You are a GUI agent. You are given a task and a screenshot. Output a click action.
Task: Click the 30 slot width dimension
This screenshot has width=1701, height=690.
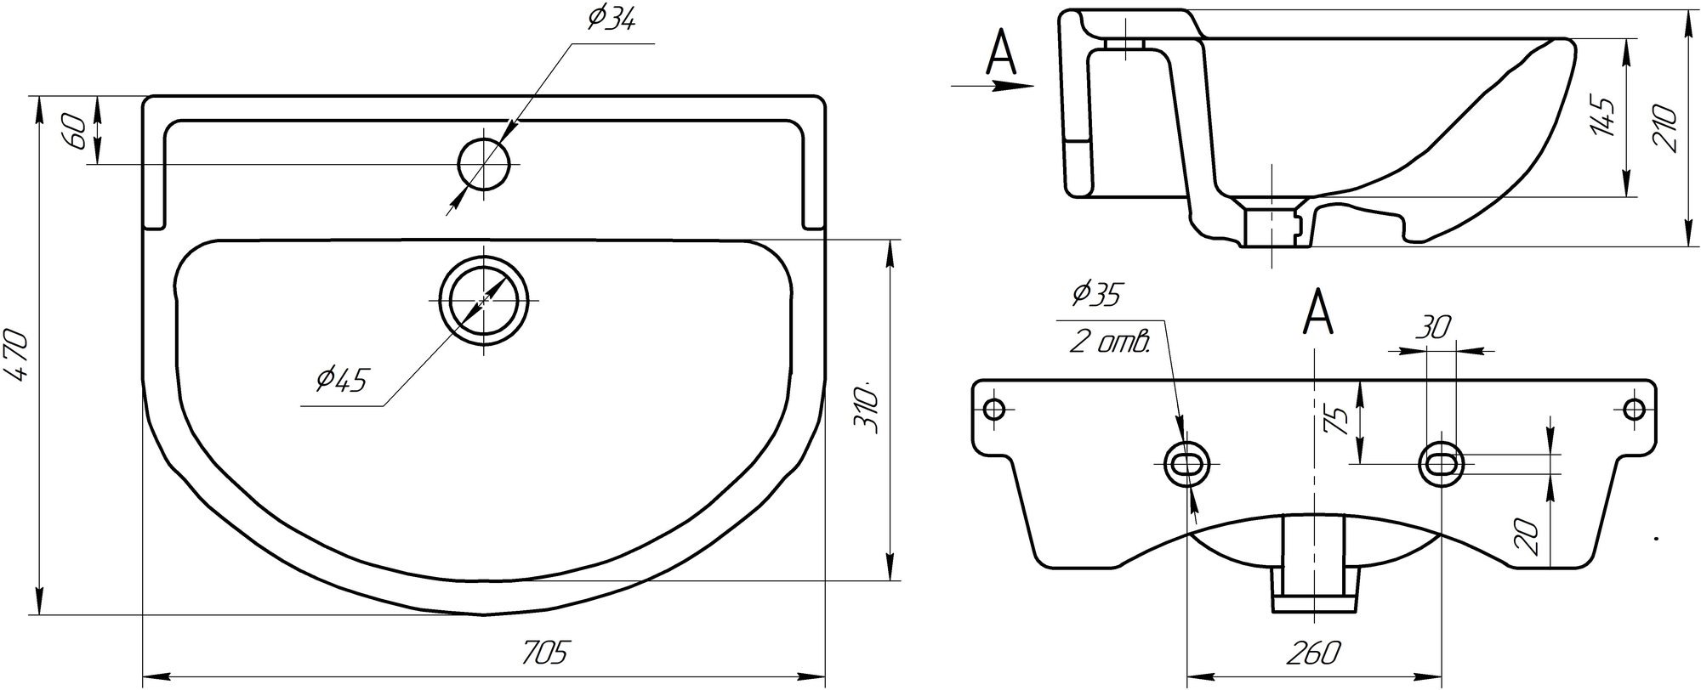pyautogui.click(x=1434, y=328)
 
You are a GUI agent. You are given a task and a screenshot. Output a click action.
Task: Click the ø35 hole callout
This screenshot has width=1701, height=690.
pyautogui.click(x=1095, y=295)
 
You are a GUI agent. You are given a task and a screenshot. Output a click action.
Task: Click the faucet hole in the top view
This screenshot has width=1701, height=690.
pyautogui.click(x=484, y=164)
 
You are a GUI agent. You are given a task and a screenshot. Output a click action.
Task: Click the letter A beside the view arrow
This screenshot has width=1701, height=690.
pyautogui.click(x=1000, y=55)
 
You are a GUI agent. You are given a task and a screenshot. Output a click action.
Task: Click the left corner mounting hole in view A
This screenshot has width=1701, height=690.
pyautogui.click(x=993, y=409)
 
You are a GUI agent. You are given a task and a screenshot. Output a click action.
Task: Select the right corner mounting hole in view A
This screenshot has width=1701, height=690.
pyautogui.click(x=1634, y=409)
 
